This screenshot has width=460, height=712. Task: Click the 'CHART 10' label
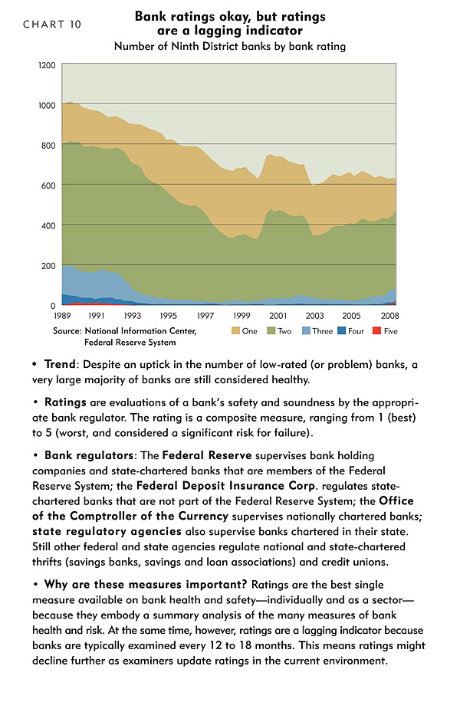[x=52, y=25]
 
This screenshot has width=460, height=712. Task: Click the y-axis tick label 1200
[x=47, y=65]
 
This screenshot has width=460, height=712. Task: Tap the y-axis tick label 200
[x=48, y=266]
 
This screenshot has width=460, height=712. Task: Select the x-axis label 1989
[x=62, y=316]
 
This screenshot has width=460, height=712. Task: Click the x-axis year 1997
[x=205, y=316]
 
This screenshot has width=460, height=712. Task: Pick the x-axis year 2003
[x=314, y=316]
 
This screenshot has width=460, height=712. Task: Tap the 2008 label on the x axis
[x=390, y=316]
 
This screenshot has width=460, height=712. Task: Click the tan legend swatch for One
[x=235, y=331]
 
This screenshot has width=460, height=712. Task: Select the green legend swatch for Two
[x=271, y=331]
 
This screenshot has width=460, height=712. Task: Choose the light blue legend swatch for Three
[x=306, y=331]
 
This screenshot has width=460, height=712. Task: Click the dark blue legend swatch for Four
[x=341, y=331]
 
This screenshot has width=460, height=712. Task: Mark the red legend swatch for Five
[x=376, y=331]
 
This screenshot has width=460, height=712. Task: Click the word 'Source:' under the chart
[x=67, y=331]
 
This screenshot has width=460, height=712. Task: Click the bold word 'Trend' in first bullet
[x=60, y=364]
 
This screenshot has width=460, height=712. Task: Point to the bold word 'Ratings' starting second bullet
[x=65, y=403]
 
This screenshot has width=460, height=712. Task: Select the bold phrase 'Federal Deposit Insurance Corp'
[x=225, y=486]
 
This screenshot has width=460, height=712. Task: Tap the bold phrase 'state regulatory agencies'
[x=107, y=532]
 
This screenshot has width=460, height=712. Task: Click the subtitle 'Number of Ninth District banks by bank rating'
[x=230, y=46]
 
